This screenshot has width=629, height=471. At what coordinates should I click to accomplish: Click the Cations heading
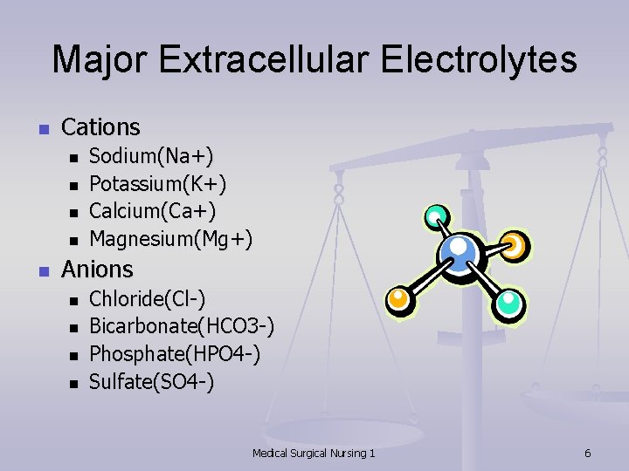100,127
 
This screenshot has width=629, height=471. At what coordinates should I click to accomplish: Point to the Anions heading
97,270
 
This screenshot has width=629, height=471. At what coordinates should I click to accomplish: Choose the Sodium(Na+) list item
151,156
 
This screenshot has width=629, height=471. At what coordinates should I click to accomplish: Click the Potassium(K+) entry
158,183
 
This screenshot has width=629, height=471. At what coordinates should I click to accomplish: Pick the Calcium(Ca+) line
153,211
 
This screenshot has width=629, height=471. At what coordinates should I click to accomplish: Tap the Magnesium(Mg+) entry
171,238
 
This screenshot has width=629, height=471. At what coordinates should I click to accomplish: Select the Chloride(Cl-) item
148,299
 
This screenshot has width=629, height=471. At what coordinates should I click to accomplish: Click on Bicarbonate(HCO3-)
182,326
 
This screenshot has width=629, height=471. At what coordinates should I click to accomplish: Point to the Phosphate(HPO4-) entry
175,354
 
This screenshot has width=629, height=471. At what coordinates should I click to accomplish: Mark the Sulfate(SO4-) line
152,381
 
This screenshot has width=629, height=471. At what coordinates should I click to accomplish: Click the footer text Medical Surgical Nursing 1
314,453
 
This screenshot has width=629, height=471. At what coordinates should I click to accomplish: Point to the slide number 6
588,453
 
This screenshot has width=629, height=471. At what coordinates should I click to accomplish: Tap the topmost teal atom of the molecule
435,216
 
